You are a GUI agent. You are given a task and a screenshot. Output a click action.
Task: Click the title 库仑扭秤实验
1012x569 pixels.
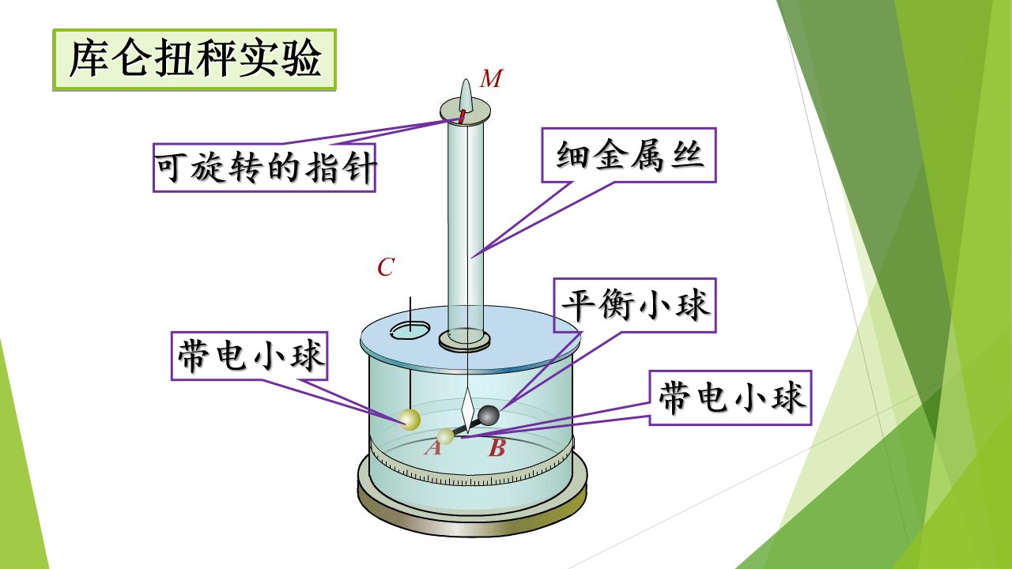click(194, 59)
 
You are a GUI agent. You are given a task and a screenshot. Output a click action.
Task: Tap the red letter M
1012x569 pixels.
click(491, 78)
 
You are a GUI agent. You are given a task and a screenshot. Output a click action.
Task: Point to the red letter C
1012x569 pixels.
click(386, 267)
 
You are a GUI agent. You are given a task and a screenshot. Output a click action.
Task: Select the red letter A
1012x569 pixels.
click(432, 447)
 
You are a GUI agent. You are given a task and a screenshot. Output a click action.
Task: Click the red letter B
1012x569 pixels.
click(497, 448)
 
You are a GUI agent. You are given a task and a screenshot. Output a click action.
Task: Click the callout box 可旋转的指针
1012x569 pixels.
click(264, 168)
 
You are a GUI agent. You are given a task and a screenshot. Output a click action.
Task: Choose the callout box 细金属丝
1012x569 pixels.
click(629, 156)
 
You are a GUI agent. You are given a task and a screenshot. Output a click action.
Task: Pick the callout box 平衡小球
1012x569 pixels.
click(635, 305)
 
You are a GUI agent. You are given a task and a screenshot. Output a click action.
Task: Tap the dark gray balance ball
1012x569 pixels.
click(489, 416)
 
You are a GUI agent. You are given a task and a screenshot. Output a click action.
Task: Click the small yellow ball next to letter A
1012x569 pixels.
click(445, 436)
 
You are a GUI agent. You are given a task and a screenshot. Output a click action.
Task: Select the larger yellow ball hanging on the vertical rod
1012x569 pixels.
click(410, 420)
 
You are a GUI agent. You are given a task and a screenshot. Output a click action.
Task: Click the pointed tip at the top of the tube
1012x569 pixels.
click(466, 81)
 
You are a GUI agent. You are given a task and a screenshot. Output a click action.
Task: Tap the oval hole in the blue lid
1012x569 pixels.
click(410, 331)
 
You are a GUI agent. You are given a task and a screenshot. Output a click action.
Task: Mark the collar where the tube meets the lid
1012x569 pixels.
click(464, 341)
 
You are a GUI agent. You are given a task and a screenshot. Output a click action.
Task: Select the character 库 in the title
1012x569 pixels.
click(90, 59)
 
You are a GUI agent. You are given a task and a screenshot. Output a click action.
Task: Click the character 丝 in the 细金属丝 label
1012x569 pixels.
click(687, 156)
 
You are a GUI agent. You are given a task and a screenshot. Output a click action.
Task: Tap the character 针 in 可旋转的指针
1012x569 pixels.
click(360, 168)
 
